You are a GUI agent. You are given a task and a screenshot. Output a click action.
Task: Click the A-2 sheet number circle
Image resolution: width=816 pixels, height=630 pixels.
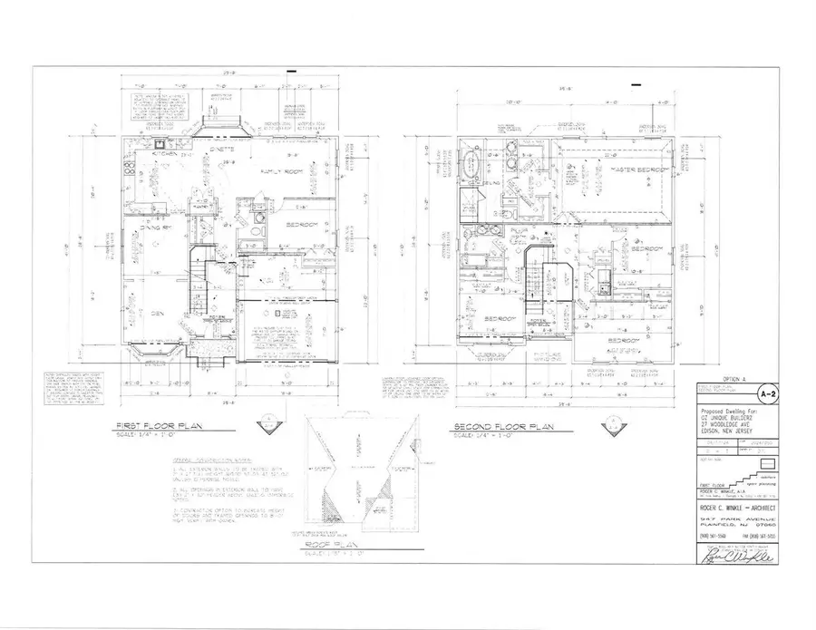[x=766, y=394]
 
